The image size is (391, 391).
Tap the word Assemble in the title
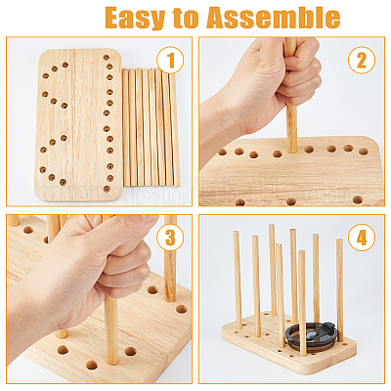(274, 18)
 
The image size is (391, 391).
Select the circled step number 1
(170, 60)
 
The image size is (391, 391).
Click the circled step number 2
(362, 60)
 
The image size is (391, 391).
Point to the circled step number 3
(170, 239)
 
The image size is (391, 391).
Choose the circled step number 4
(362, 239)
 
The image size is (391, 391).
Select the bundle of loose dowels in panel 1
(151, 127)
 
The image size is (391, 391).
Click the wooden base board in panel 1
(78, 125)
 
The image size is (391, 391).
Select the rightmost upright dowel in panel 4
(339, 290)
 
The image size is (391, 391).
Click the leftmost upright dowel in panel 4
(238, 280)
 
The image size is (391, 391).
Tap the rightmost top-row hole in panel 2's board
(363, 152)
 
